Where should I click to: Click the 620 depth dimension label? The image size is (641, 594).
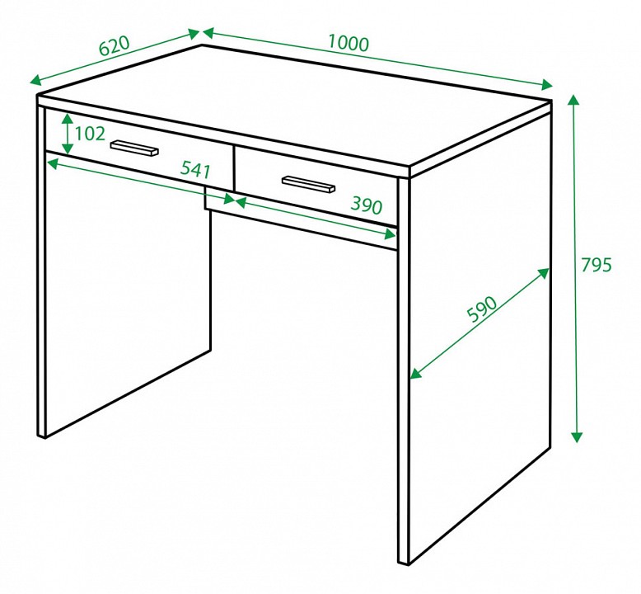[x=115, y=45]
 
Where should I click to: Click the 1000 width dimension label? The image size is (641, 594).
[x=349, y=44]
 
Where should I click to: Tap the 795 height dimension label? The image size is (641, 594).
[x=596, y=265]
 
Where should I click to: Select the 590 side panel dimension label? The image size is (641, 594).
[x=482, y=309]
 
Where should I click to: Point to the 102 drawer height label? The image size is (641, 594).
[x=90, y=134]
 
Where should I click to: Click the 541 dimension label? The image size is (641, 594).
[x=196, y=169]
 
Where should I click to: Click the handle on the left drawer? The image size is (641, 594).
[x=134, y=148]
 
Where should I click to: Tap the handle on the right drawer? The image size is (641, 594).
[x=309, y=184]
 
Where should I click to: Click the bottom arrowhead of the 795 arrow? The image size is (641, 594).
[x=577, y=436]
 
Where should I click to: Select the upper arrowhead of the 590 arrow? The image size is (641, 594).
[x=544, y=272]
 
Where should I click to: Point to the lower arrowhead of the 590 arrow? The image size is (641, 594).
[x=415, y=374]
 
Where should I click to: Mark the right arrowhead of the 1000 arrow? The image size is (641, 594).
[x=547, y=85]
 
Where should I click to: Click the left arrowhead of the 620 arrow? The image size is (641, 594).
[x=36, y=81]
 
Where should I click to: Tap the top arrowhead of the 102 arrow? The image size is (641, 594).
[x=68, y=119]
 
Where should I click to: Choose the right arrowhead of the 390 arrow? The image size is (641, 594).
[x=390, y=234]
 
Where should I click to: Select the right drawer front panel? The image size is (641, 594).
[x=316, y=186]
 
